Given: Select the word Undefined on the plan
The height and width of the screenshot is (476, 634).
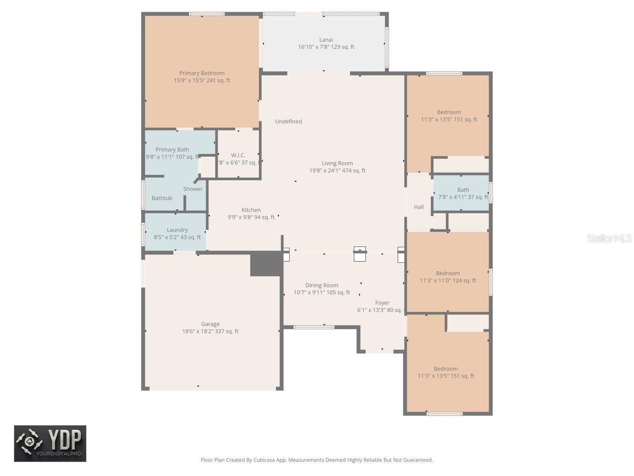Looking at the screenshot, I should coord(288,121).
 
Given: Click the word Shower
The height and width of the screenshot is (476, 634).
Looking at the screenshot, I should coord(193,189).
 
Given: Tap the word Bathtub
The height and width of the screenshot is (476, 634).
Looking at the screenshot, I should coord(162,198).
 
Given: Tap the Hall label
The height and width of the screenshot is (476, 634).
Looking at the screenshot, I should coord(419,207).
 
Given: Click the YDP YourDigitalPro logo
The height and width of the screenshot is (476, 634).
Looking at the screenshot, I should coord(50,443).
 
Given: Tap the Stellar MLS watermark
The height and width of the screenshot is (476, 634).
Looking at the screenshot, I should coord(609,238).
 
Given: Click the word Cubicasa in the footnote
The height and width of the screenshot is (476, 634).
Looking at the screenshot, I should coord(265,460).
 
